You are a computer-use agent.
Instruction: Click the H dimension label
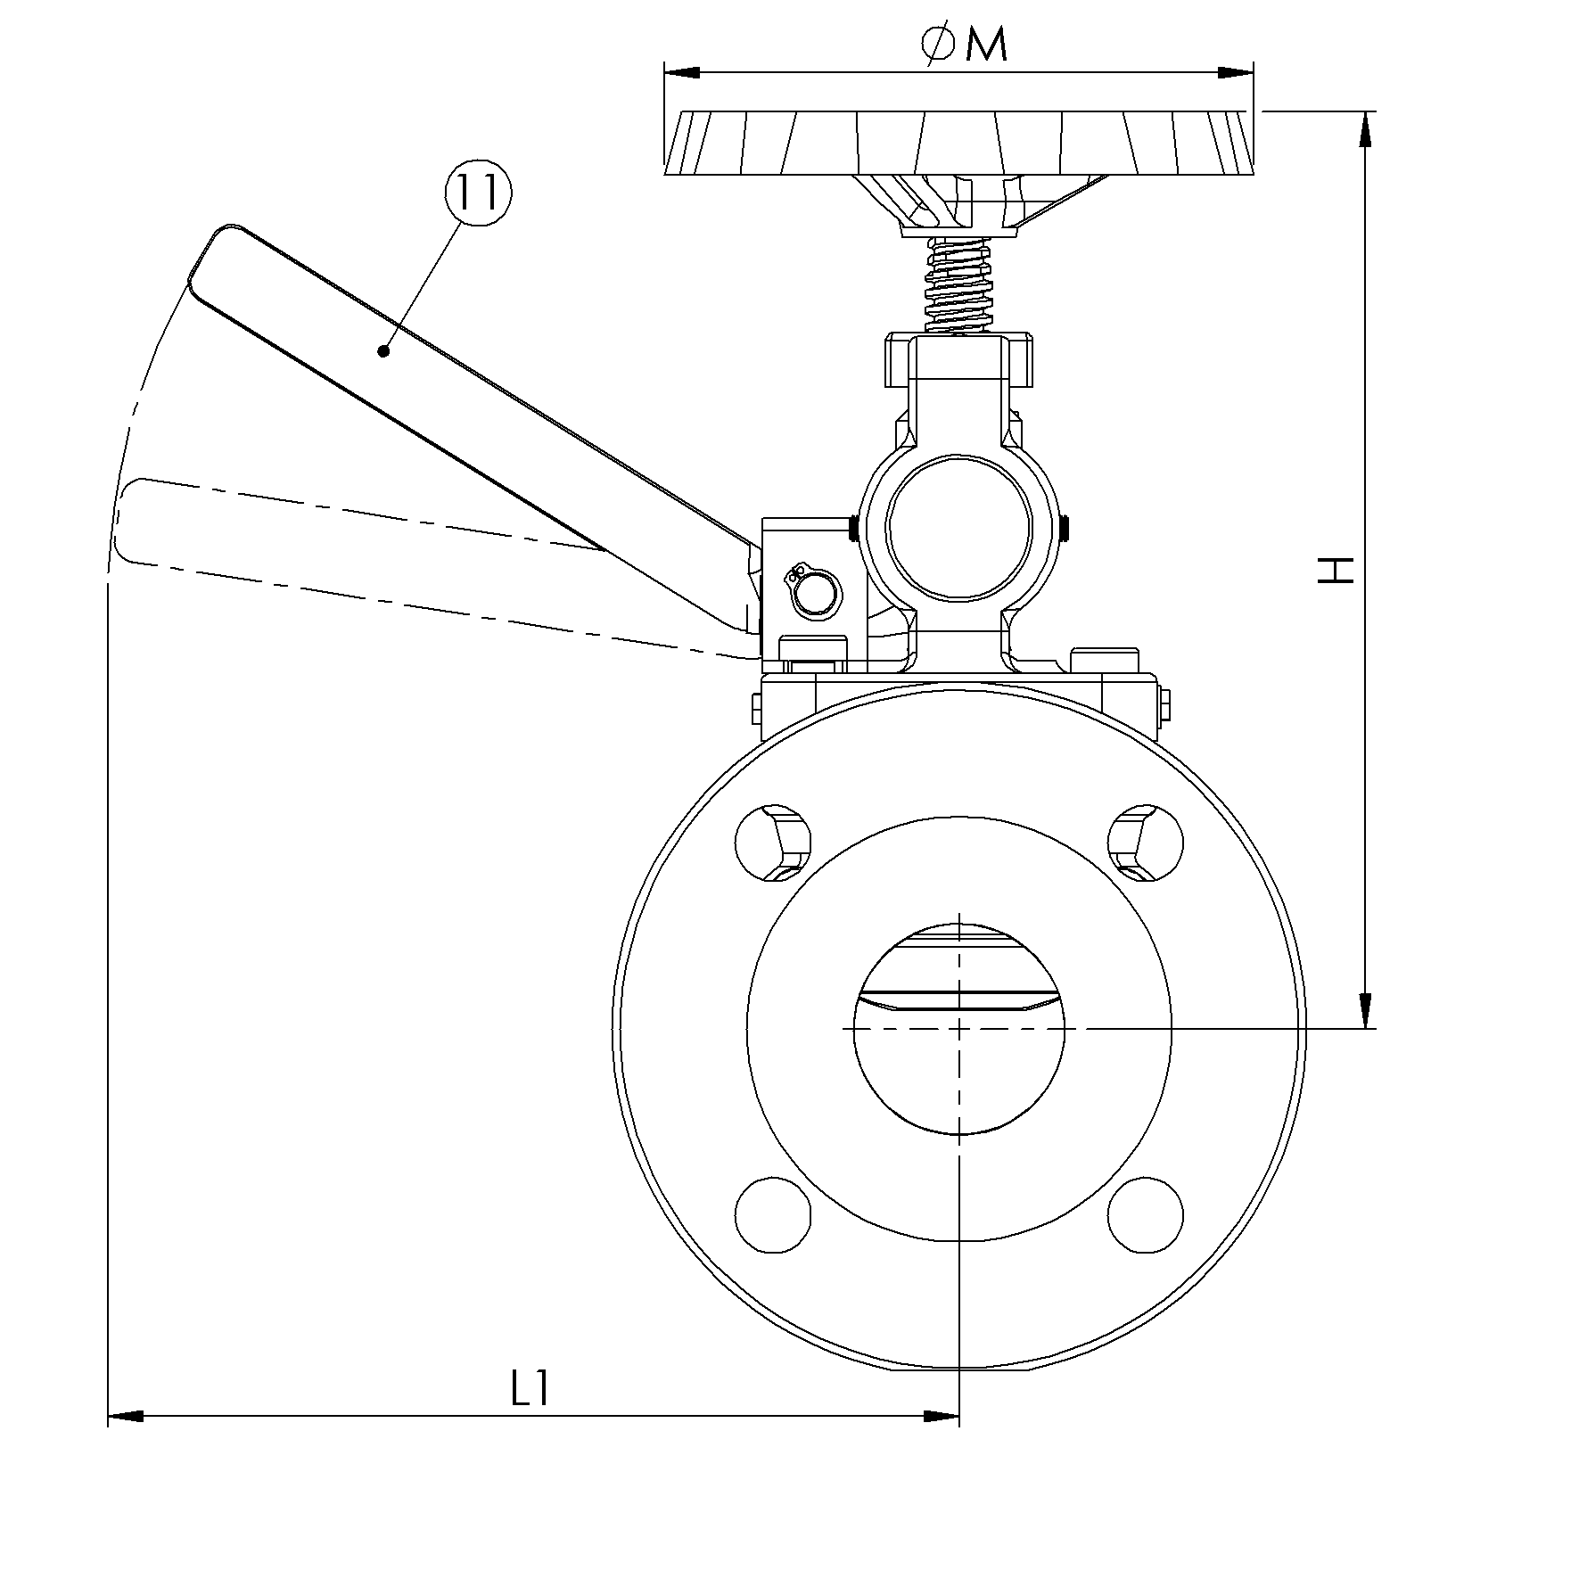point(1336,571)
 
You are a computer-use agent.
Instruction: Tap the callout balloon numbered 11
point(478,193)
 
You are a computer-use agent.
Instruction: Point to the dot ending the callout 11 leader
point(383,351)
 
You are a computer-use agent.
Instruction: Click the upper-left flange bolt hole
point(773,843)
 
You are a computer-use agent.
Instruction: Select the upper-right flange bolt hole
point(1146,843)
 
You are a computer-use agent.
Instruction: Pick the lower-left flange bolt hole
point(773,1214)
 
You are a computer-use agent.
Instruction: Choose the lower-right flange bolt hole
point(1146,1214)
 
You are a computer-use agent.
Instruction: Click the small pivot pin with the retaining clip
point(813,593)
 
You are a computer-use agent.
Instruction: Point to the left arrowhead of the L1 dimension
point(126,1415)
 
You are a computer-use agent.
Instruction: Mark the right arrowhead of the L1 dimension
point(941,1415)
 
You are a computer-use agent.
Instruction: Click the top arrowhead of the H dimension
point(1364,128)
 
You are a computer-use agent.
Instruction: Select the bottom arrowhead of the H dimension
point(1364,1010)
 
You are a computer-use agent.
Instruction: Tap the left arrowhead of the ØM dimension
point(682,72)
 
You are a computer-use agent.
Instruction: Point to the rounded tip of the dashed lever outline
point(127,522)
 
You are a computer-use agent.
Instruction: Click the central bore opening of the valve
point(958,1028)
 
